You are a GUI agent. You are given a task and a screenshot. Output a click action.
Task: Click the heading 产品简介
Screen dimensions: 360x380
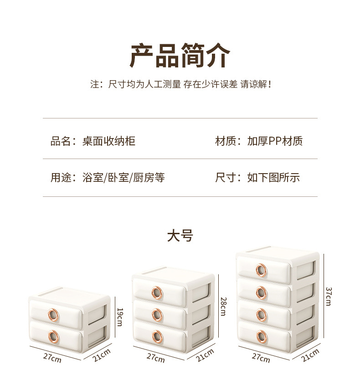(x=180, y=56)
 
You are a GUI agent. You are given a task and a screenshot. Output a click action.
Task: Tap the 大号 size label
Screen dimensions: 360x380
(x=180, y=236)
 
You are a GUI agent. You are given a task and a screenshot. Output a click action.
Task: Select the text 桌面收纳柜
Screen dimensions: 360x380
(x=108, y=141)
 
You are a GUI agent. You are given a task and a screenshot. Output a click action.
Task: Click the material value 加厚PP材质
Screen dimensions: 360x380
(x=275, y=141)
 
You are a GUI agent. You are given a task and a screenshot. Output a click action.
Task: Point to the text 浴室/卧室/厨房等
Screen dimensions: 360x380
(x=123, y=178)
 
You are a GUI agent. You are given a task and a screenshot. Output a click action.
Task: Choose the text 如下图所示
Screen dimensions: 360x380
(x=273, y=178)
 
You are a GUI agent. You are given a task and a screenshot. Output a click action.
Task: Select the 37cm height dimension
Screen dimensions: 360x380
(x=328, y=296)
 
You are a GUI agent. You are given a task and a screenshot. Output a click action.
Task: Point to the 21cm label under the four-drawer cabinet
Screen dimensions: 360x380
(x=311, y=355)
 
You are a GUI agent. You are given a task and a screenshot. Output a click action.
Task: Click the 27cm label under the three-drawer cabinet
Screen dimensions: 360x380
(x=156, y=358)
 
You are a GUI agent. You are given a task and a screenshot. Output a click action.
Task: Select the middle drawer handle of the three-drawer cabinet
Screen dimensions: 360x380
(x=158, y=314)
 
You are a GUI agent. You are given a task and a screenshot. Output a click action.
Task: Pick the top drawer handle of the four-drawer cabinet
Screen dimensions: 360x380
(x=262, y=270)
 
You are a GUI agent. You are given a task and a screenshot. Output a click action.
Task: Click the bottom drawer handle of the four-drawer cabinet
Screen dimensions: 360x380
(x=262, y=337)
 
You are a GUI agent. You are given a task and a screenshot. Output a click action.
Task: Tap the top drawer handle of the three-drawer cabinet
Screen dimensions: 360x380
(x=158, y=292)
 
